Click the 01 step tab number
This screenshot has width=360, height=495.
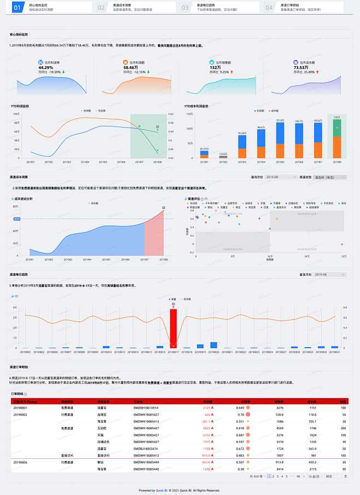coord(17,8)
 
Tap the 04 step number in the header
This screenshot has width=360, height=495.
coord(269,8)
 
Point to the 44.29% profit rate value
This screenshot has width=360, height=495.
coord(45,67)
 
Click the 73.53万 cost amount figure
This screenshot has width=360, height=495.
coord(302,67)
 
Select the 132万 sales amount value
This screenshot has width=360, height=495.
coord(215,67)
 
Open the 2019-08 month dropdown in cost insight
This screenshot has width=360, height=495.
coord(280,177)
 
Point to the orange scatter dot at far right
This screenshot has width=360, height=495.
coord(341,244)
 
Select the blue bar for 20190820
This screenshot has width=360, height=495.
coord(213,345)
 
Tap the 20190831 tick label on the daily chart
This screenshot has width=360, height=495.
coord(335,352)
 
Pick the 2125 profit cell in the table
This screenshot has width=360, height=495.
coord(207,408)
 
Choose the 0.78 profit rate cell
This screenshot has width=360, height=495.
coord(240,415)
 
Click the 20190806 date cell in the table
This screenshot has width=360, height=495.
coord(20,462)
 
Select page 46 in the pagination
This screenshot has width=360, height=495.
coord(298,476)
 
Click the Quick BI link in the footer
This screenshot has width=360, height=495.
coord(161,490)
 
